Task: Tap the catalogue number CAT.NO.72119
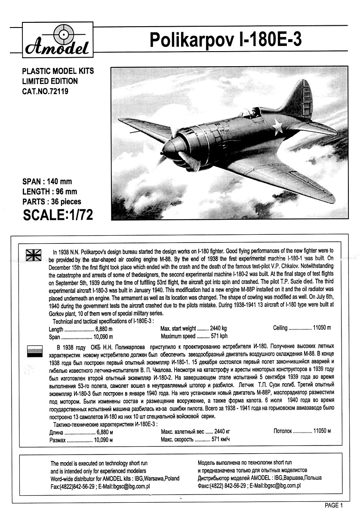45,91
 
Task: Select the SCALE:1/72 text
57,214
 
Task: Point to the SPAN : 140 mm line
47,182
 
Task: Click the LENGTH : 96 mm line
49,191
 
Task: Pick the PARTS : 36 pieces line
51,201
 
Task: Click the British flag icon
33,255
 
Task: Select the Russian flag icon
33,350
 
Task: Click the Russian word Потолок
283,430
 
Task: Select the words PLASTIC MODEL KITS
58,71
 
